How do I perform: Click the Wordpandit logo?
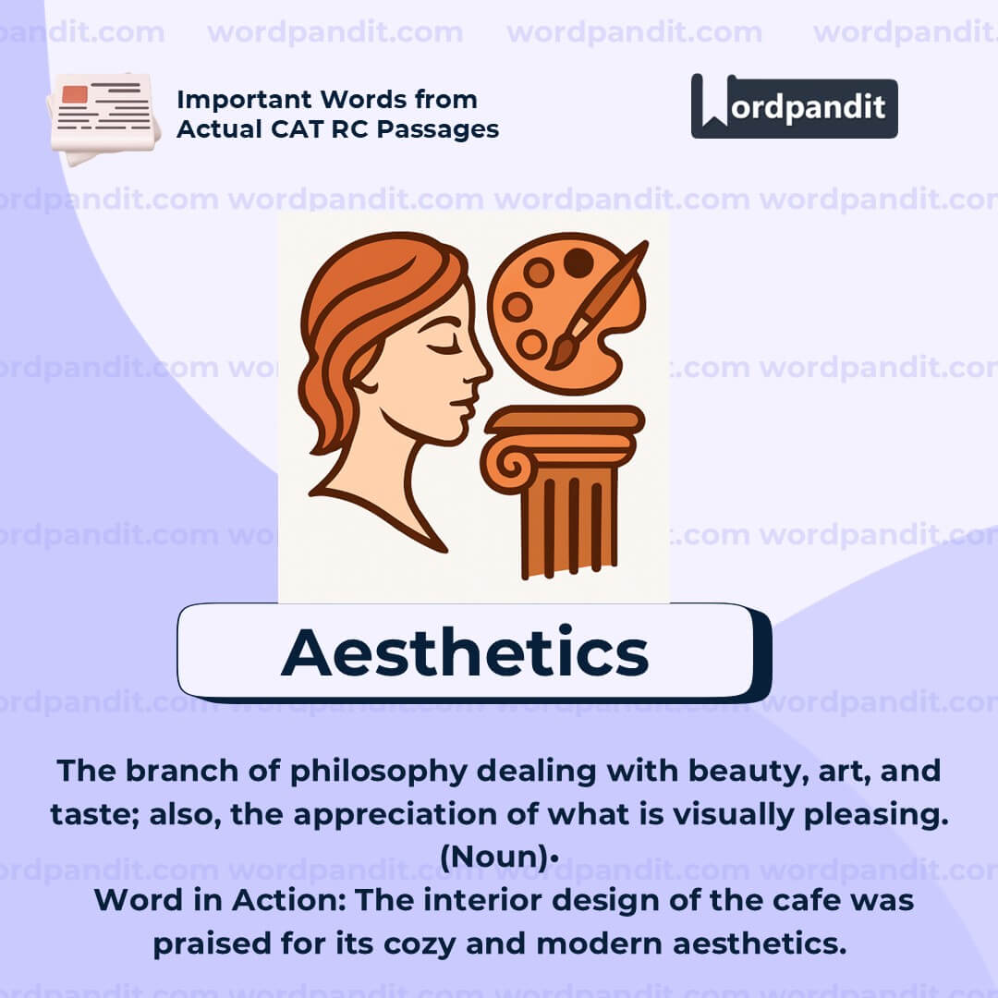coord(794,106)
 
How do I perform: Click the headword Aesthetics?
coord(465,652)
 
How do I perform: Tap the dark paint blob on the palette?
coord(578,262)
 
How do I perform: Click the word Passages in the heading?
coord(442,129)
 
